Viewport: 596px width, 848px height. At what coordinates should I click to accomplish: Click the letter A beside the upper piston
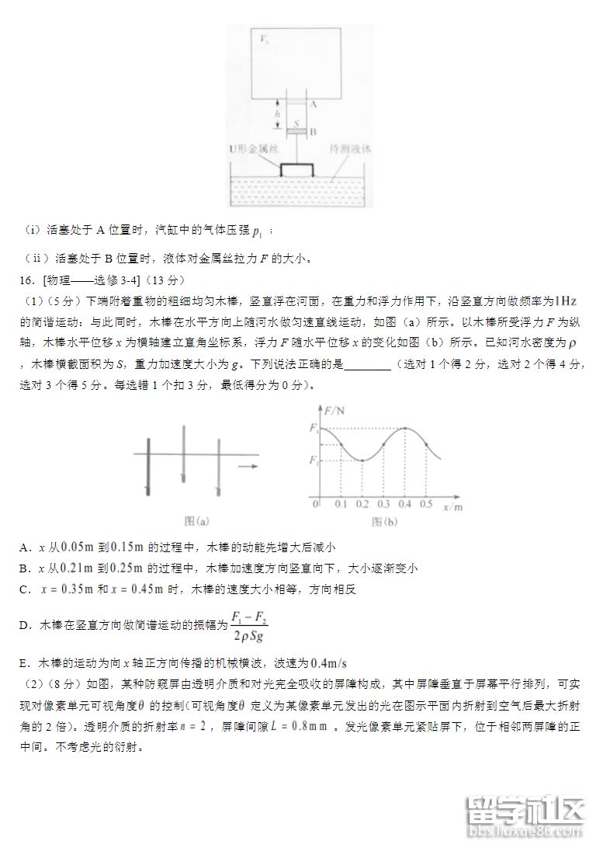click(313, 103)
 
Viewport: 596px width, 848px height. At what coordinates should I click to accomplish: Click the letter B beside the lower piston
click(313, 132)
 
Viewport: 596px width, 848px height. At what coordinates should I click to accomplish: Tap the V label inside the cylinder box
click(265, 38)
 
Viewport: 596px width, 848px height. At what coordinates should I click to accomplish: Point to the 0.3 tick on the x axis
click(383, 505)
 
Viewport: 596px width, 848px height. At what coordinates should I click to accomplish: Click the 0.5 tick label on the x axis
click(426, 505)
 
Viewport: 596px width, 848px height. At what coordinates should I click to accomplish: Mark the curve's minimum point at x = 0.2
click(362, 460)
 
